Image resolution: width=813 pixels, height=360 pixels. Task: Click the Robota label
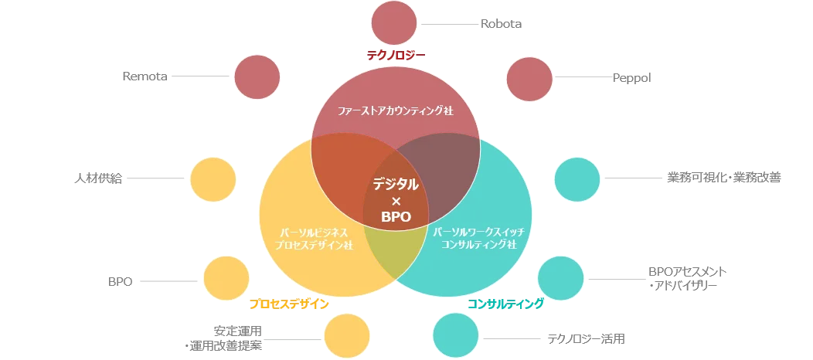[x=501, y=24]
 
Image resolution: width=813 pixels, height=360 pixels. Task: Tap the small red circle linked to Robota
[x=394, y=23]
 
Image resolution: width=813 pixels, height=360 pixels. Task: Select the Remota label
[x=145, y=76]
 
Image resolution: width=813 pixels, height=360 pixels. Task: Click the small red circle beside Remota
[x=257, y=77]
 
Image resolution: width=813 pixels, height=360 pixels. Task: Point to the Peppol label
[x=631, y=78]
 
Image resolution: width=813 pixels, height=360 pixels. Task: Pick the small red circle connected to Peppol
[x=529, y=79]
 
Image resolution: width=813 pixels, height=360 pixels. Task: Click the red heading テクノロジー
[x=396, y=55]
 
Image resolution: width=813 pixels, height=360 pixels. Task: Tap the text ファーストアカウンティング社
[x=396, y=110]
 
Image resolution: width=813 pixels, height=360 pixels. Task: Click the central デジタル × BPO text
[x=396, y=200]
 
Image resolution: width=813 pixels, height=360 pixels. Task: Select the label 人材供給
[x=97, y=179]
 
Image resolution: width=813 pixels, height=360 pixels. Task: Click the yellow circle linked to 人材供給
[x=213, y=180]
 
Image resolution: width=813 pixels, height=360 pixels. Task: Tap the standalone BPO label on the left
[x=121, y=282]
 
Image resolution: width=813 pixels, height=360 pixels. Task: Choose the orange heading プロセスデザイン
[x=289, y=304]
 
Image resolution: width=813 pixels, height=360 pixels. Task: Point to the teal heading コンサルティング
[x=505, y=304]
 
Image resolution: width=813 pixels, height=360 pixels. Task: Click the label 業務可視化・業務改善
[x=724, y=178]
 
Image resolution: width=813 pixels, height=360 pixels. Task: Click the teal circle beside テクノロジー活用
[x=456, y=335]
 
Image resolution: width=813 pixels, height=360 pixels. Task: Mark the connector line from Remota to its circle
[x=200, y=76]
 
